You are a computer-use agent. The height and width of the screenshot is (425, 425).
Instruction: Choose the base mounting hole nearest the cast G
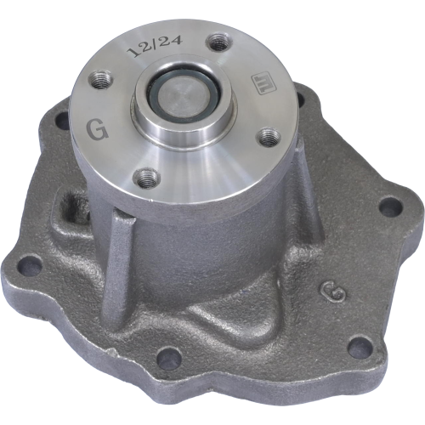(360, 344)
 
